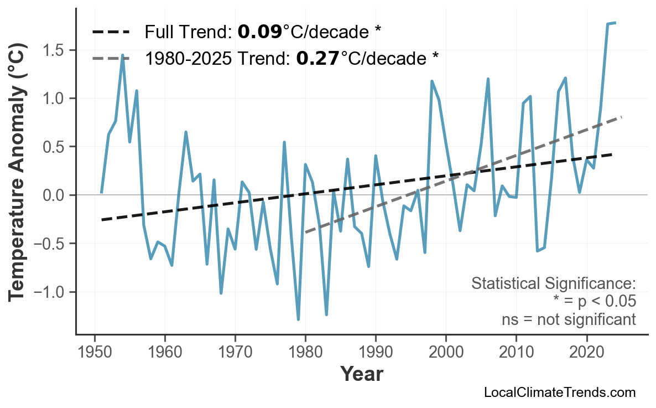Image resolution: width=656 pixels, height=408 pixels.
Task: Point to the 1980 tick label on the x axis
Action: [x=305, y=352]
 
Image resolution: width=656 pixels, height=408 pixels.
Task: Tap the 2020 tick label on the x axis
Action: [x=586, y=352]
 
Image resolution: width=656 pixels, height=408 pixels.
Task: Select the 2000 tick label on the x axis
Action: [x=446, y=352]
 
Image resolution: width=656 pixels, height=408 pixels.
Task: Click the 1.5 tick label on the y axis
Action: [x=53, y=50]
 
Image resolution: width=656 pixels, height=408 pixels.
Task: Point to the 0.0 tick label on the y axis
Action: [x=53, y=195]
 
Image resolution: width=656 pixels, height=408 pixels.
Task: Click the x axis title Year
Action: [x=361, y=374]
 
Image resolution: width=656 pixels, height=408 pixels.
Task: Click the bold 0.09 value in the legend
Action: [x=259, y=32]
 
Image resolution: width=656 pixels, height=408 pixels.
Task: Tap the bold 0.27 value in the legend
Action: [x=317, y=58]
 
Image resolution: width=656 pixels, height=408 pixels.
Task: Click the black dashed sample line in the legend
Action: [x=111, y=32]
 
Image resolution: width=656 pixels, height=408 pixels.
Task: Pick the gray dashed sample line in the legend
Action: [x=111, y=58]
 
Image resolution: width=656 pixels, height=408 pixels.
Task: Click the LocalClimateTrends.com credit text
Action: [x=559, y=392]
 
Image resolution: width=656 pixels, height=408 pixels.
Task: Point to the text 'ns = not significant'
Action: [x=569, y=319]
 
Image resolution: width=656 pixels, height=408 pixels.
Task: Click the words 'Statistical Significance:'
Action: [x=553, y=284]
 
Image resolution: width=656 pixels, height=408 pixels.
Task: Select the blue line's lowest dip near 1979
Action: [x=298, y=319]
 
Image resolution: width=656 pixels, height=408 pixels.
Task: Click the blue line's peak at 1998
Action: [x=431, y=81]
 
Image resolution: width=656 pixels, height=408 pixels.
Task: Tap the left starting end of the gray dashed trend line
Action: [x=306, y=232]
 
